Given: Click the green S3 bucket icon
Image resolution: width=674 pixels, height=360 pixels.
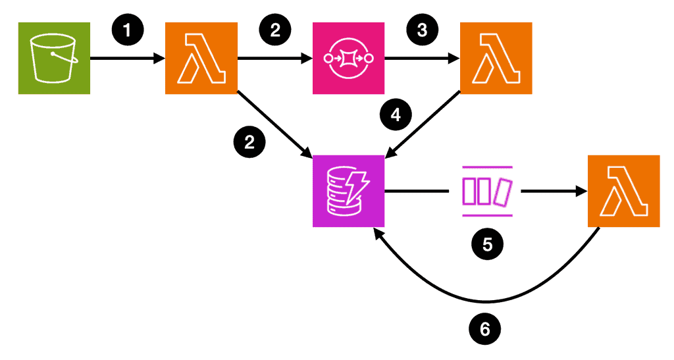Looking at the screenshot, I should coord(53,59).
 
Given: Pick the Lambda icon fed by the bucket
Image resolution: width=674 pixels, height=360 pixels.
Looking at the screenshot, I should coord(200,59).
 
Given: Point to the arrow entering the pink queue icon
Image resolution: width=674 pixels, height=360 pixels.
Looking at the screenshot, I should coord(274,59).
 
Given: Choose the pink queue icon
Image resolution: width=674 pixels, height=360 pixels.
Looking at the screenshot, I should coord(347,59).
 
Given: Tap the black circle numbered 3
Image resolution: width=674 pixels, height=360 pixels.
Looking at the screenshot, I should coord(421,30).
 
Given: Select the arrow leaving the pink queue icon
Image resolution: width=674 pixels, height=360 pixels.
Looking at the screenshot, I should coord(422,59).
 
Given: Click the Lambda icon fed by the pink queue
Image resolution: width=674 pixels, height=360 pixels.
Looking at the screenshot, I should coord(496,59).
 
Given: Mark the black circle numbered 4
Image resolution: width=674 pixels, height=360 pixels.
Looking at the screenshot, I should coord(396,115).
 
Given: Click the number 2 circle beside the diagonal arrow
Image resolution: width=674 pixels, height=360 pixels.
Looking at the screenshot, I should coord(249,141).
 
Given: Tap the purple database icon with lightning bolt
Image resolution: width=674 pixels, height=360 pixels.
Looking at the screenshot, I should coord(348,191).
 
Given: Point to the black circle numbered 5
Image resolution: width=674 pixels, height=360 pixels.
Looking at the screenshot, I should coord(487,244).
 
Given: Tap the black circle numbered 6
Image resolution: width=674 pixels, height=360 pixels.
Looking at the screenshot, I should coord(485,327).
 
